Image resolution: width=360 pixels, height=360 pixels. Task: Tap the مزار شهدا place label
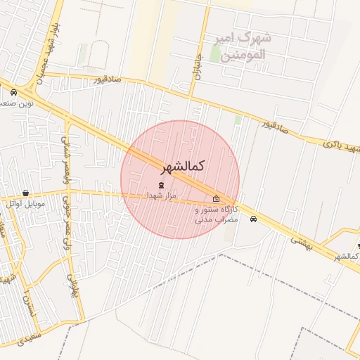[162, 195]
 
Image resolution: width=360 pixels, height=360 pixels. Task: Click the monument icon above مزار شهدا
[162, 185]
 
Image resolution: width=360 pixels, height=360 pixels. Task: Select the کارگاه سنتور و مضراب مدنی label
[217, 214]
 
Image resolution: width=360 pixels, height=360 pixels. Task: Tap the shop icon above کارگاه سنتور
[216, 199]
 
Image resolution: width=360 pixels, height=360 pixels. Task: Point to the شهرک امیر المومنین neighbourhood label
[245, 44]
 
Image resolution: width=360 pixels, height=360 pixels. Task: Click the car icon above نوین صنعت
[13, 92]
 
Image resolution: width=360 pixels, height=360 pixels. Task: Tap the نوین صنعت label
[15, 103]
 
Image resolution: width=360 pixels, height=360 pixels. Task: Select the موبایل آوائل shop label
[26, 204]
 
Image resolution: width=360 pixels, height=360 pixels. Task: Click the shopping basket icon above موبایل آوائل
[26, 193]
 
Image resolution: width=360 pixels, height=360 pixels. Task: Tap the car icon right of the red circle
[253, 219]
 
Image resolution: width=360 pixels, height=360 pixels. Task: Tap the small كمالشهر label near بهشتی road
[345, 256]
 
